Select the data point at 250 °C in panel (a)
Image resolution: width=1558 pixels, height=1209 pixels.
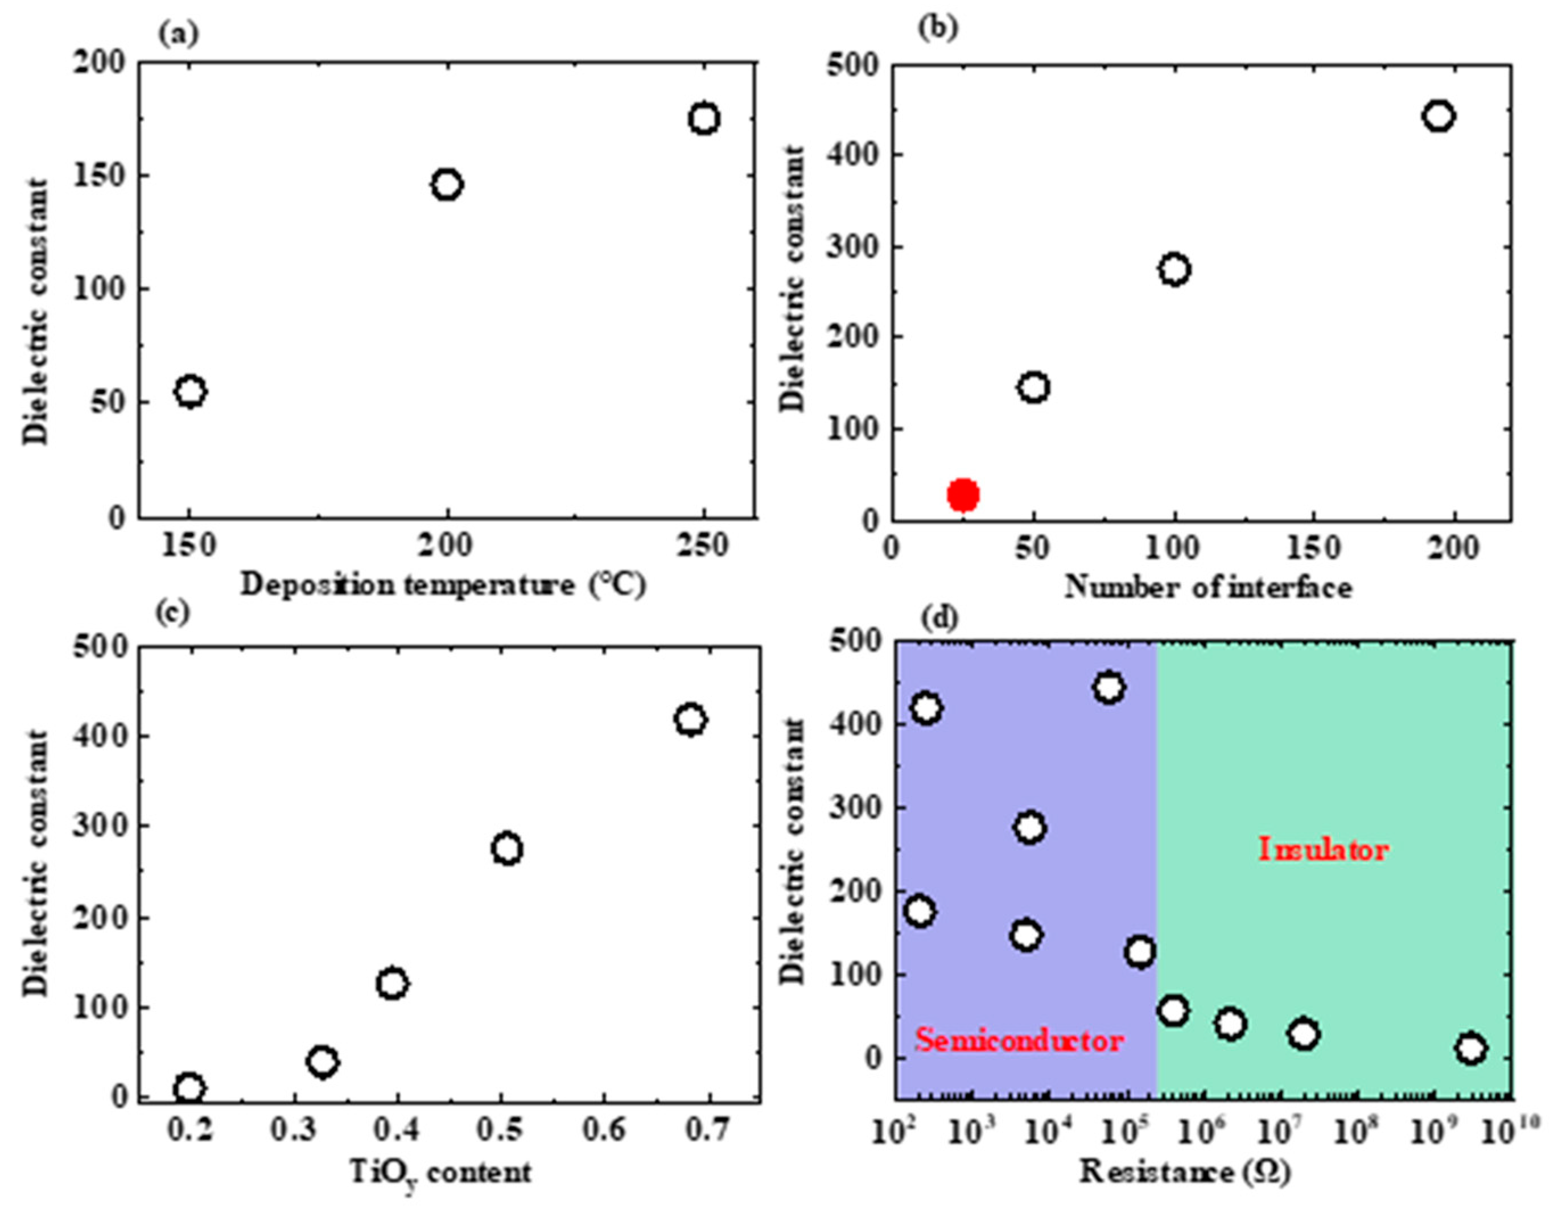coord(704,118)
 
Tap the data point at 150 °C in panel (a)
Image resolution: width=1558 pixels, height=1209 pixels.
coord(191,391)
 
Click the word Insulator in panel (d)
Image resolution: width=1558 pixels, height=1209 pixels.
coord(1324,849)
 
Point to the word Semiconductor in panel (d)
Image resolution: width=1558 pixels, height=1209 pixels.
coord(1020,1040)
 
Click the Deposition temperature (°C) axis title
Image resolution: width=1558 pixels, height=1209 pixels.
coord(443,585)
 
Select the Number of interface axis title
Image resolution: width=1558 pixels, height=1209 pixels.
coord(1209,587)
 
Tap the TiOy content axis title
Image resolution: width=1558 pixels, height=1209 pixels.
coord(440,1173)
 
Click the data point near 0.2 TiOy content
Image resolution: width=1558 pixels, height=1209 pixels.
coord(189,1088)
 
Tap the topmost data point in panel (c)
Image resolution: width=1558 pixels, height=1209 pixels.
coord(691,719)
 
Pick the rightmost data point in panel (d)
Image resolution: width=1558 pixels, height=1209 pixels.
coord(1472,1049)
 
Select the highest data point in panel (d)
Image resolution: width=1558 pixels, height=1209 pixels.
coord(1108,688)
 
